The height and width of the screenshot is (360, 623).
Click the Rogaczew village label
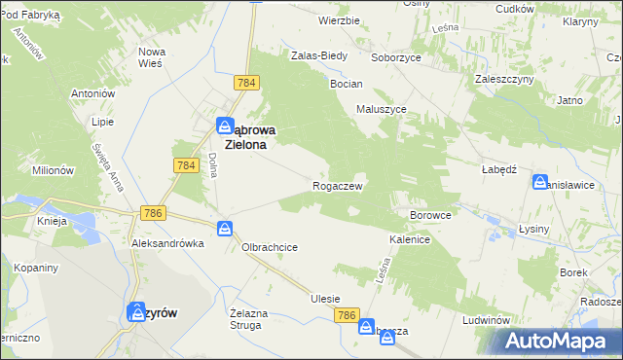338,186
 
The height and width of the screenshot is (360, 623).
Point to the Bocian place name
346,85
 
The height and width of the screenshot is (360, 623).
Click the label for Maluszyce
381,109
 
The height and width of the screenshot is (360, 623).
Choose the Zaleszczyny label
501,78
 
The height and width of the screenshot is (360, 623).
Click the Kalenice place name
410,237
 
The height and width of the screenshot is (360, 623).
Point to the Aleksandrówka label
167,243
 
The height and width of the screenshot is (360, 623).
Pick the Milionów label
53,169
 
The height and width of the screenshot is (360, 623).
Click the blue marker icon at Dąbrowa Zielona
225,126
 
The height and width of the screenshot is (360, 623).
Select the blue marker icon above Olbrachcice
225,229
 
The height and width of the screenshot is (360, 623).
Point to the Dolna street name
211,164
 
